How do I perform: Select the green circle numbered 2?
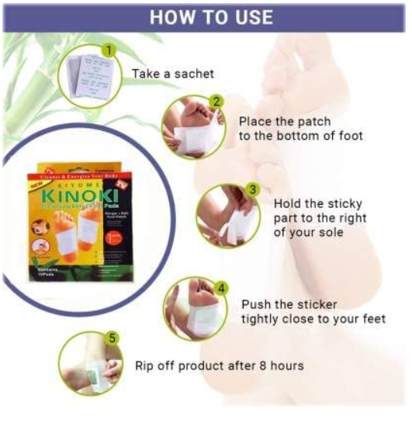217,101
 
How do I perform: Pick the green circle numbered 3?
252,189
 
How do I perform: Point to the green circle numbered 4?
222,288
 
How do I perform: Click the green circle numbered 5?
113,339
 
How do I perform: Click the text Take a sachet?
172,74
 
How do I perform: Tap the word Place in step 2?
255,121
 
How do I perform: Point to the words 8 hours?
283,365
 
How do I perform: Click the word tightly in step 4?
261,319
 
